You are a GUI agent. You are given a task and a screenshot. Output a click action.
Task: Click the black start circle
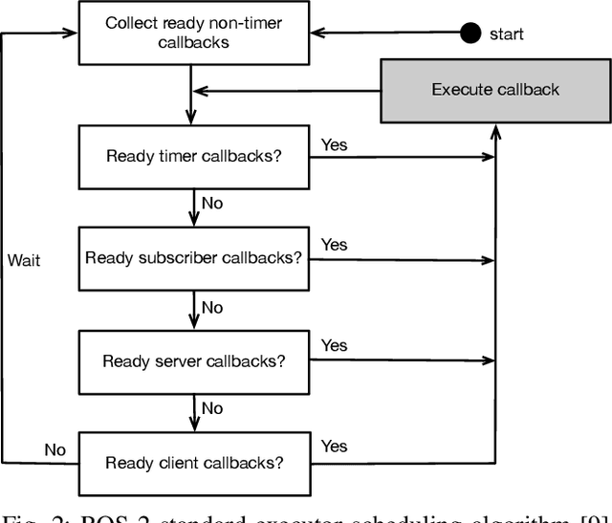point(470,33)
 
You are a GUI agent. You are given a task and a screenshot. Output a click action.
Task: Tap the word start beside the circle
point(507,34)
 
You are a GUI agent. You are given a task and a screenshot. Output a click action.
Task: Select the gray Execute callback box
point(494,90)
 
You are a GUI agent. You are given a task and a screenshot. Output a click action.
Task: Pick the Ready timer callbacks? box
point(193,157)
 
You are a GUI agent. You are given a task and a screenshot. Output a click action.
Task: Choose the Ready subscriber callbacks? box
point(193,257)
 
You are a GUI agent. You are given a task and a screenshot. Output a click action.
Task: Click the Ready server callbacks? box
point(193,360)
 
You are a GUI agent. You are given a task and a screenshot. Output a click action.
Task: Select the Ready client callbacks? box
point(193,463)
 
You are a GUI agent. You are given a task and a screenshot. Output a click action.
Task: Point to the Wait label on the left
point(24,259)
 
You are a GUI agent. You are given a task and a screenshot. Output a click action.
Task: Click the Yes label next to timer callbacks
point(335,145)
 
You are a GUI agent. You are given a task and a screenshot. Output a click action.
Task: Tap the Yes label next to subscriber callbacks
point(335,245)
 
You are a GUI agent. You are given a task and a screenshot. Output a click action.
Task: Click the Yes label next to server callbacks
point(335,345)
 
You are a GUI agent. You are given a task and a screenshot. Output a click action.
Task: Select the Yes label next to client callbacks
point(335,446)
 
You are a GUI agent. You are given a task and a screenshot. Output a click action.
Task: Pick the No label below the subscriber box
point(212,307)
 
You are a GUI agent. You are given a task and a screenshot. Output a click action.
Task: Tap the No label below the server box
point(212,408)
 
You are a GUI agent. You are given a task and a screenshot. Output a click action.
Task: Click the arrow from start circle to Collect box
point(382,33)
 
